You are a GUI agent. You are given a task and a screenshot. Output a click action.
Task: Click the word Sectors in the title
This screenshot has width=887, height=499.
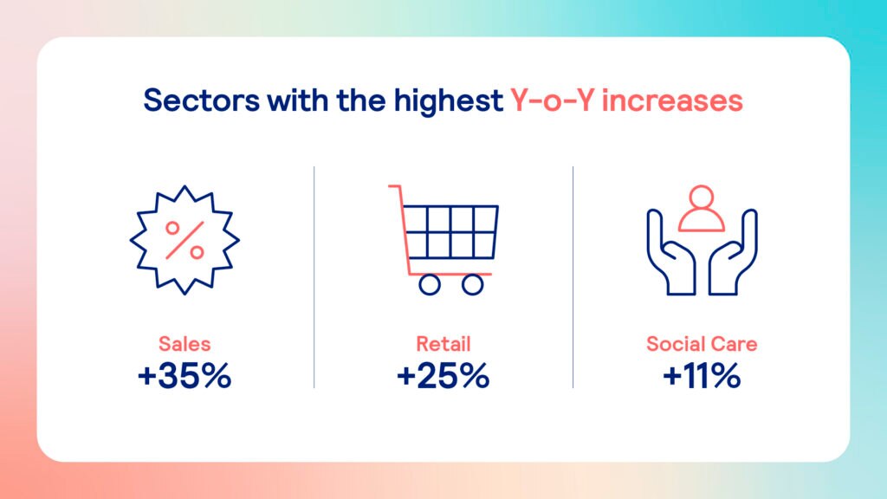[x=201, y=100]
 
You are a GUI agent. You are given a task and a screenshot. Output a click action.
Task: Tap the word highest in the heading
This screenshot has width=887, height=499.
[x=448, y=101]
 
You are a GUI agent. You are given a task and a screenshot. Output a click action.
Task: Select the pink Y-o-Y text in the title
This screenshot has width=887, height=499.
[x=552, y=100]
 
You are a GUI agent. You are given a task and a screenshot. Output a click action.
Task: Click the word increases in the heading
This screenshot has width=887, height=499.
[x=672, y=100]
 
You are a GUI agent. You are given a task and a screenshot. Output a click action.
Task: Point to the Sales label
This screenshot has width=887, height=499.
[x=185, y=343]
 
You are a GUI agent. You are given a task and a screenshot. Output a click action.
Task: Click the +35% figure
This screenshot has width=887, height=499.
[x=185, y=375]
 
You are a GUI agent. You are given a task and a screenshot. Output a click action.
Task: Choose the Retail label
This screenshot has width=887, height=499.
[x=443, y=343]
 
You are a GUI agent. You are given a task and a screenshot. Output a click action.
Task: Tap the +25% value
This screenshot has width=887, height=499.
[x=443, y=375]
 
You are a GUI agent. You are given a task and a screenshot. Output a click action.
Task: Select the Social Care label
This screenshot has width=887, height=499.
[x=702, y=343]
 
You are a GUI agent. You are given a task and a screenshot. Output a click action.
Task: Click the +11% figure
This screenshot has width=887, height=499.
[x=702, y=375]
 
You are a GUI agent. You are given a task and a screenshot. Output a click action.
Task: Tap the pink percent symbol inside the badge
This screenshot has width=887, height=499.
[x=185, y=241]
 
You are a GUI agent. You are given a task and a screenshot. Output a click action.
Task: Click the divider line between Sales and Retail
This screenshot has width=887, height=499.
[x=314, y=277]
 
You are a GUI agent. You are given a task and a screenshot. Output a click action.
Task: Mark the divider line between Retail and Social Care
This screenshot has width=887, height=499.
[x=573, y=277]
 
